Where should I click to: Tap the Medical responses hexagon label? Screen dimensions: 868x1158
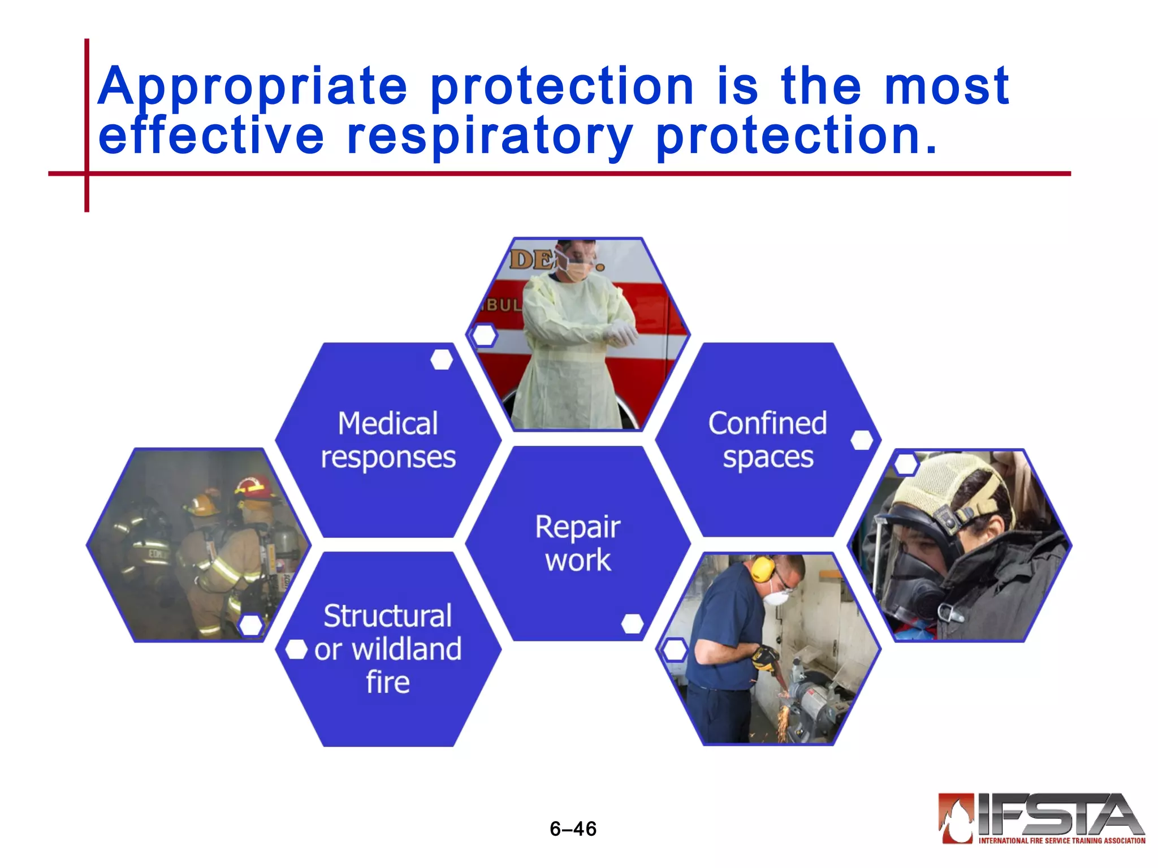[388, 440]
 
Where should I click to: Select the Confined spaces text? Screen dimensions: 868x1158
[767, 440]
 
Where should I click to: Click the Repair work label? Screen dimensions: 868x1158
[577, 543]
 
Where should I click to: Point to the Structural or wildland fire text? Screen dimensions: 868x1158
[388, 649]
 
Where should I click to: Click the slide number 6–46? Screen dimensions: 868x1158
[573, 828]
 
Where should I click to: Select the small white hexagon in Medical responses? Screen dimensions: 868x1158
[442, 359]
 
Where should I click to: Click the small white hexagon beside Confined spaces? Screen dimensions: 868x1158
[862, 440]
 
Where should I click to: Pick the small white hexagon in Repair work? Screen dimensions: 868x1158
[632, 624]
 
